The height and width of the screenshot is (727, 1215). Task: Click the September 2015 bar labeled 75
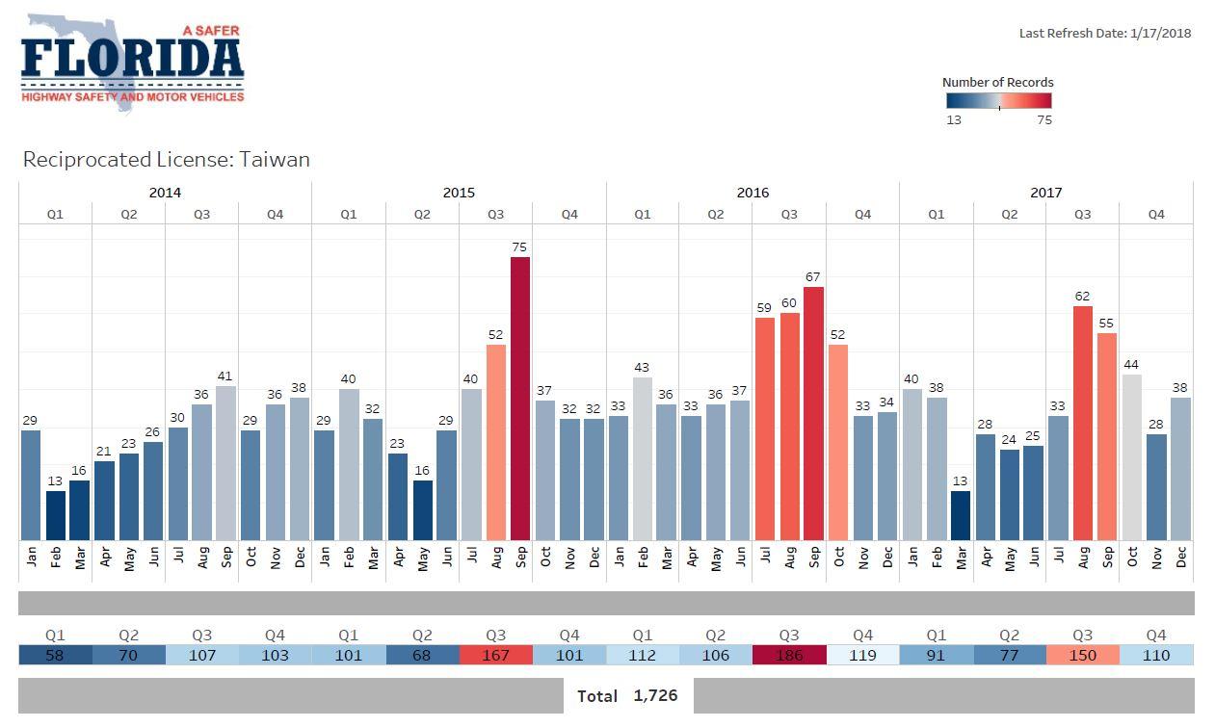point(520,399)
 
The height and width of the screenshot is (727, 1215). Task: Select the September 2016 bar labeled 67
point(813,413)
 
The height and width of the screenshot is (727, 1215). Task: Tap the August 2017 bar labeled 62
point(1083,423)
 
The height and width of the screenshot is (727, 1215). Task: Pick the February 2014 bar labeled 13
point(56,515)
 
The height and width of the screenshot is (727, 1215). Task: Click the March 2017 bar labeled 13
point(961,515)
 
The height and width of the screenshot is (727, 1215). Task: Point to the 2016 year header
point(753,193)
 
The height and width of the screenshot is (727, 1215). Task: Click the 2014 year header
point(165,193)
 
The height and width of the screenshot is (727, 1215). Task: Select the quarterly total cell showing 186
point(789,656)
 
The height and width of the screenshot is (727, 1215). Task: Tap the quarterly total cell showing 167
point(495,656)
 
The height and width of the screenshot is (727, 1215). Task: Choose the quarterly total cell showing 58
point(55,656)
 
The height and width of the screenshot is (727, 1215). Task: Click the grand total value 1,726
point(655,695)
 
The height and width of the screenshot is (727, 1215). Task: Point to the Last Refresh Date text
point(1105,34)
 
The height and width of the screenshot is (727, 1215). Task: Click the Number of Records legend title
point(997,83)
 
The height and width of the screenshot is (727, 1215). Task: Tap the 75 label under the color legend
point(1043,120)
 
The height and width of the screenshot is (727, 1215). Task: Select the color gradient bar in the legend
point(998,101)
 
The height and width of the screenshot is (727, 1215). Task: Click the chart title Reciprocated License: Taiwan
point(167,160)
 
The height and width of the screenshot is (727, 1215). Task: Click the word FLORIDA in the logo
point(132,60)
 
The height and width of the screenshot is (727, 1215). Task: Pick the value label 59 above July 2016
point(765,308)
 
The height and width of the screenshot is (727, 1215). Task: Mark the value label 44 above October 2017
point(1131,365)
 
